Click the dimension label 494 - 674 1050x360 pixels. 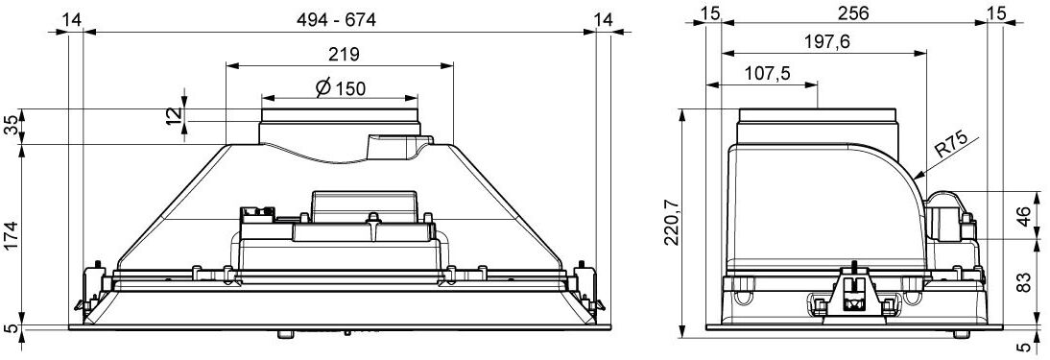(336, 20)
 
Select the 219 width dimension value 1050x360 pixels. (345, 54)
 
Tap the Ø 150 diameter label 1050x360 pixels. (340, 87)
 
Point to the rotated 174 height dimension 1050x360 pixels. (12, 234)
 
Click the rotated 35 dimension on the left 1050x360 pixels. (12, 126)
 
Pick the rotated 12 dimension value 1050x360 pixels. (174, 114)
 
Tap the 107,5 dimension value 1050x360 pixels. (767, 74)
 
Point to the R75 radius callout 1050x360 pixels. (951, 147)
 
